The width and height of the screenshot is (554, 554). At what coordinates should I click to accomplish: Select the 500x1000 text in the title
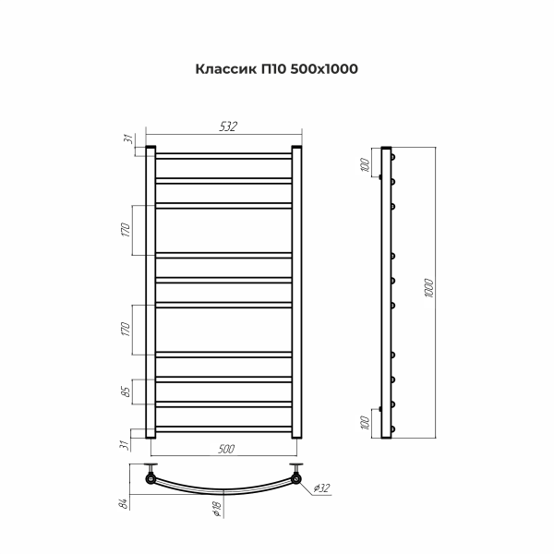coord(324,69)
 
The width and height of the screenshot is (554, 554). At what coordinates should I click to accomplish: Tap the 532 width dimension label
coord(228,126)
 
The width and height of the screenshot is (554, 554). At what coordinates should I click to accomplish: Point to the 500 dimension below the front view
coord(226,449)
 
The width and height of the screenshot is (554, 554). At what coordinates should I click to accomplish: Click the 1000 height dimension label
coord(428,288)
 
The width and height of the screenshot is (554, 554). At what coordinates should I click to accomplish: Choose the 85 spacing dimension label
coord(126,391)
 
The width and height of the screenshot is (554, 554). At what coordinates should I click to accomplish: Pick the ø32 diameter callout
coord(321,488)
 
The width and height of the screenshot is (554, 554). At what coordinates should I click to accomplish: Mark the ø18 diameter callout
coord(217,508)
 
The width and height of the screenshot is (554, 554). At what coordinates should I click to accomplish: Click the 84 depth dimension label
coord(123,503)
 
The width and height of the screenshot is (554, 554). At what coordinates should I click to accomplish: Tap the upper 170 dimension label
coord(126,230)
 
